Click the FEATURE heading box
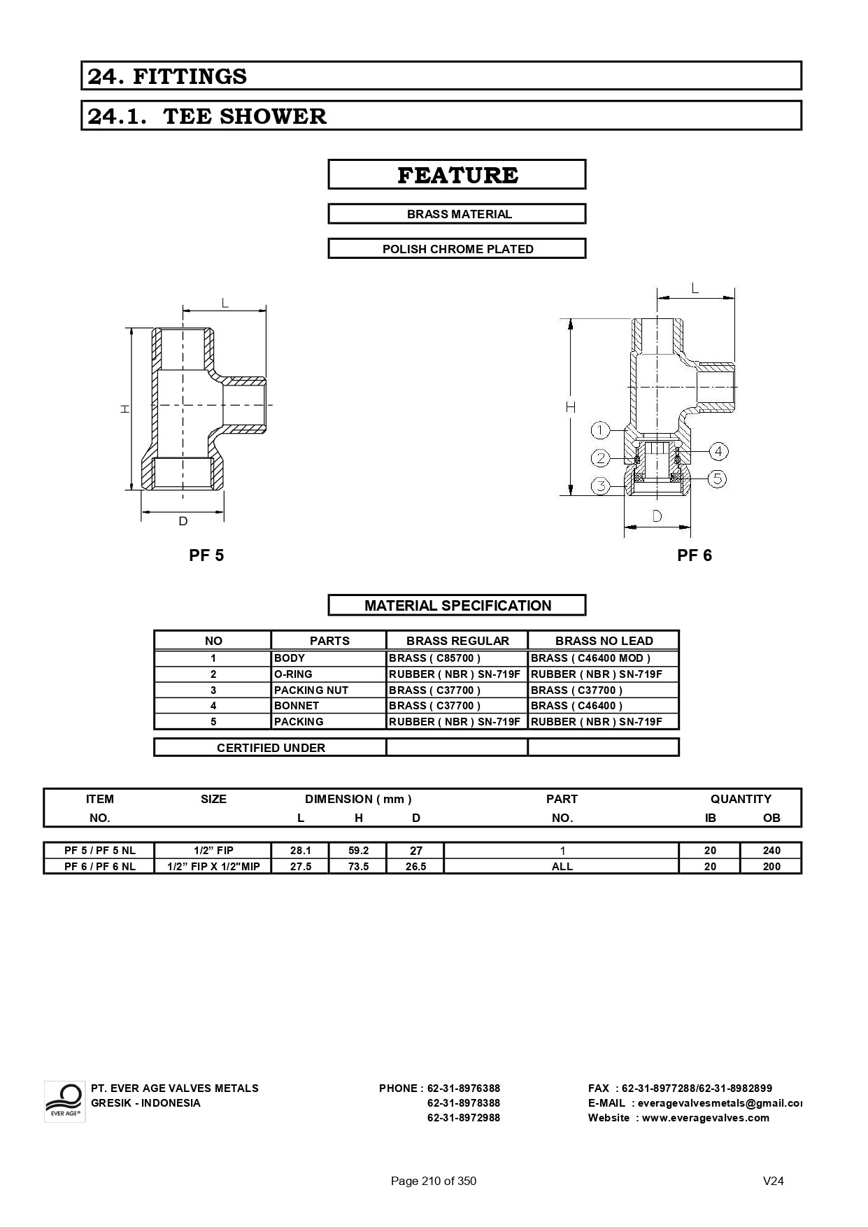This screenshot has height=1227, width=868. tap(457, 175)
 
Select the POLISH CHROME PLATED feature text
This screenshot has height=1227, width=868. tap(457, 249)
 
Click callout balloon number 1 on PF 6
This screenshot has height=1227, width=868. tap(601, 430)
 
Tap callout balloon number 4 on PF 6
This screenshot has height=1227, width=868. tap(718, 451)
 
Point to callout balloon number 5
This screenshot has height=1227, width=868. tap(717, 478)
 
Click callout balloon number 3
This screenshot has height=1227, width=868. tap(601, 485)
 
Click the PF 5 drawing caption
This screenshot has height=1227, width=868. tap(206, 555)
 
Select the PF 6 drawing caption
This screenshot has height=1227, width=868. tap(694, 555)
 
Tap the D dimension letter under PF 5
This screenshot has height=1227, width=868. tap(183, 521)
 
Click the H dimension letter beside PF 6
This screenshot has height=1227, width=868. tap(571, 406)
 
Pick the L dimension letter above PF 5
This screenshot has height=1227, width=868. tap(225, 303)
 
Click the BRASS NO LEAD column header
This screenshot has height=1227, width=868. tap(604, 641)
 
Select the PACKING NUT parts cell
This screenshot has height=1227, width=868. tap(311, 690)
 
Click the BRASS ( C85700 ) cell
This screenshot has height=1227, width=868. tap(434, 658)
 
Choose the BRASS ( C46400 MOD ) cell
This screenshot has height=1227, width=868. tap(590, 658)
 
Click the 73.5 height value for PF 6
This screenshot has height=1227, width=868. tap(358, 866)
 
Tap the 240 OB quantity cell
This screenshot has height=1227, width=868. tap(771, 851)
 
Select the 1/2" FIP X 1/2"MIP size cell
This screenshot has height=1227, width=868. tap(213, 866)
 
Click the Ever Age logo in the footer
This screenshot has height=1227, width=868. tap(64, 1101)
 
